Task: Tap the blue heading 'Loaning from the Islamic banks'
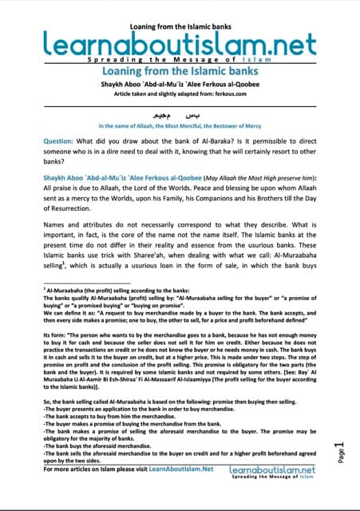click(180, 70)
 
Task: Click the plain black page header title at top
click(180, 10)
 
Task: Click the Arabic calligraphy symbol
click(180, 113)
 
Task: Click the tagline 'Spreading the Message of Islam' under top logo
click(180, 59)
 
